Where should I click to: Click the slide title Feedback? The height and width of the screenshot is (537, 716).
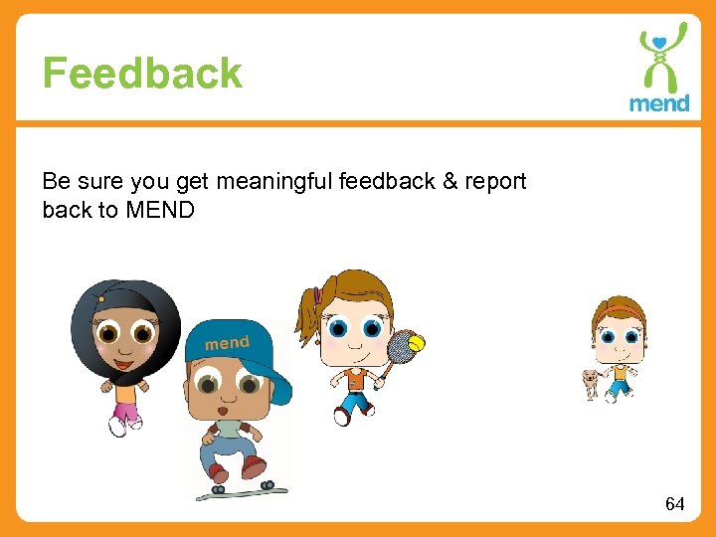142,74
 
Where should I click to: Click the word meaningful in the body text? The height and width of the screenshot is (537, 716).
274,181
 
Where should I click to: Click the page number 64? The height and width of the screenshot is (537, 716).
674,504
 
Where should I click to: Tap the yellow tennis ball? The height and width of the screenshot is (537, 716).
417,343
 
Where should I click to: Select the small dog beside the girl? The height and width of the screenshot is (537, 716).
593,382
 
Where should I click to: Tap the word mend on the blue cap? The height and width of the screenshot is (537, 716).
227,343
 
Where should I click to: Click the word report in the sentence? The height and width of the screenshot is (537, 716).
494,181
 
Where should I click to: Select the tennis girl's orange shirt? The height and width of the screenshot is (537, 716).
354,379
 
